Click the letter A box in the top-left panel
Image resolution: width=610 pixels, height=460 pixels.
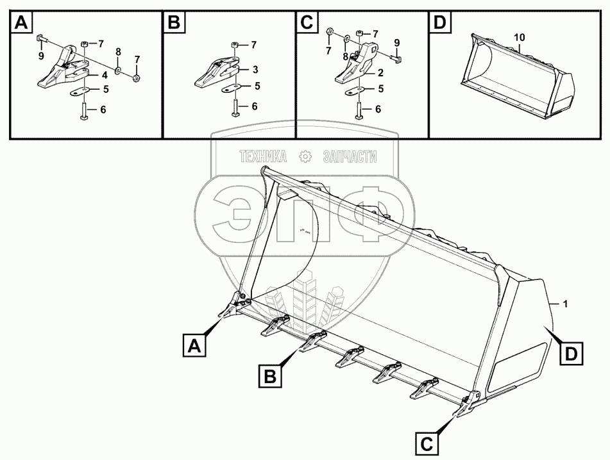point(21,24)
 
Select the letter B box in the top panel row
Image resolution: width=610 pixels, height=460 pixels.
point(174,24)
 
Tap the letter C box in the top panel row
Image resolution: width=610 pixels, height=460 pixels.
point(307,24)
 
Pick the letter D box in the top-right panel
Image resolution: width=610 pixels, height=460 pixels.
point(439,24)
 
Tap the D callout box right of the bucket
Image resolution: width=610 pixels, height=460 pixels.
point(570,352)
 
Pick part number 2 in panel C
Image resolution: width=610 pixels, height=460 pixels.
point(381,73)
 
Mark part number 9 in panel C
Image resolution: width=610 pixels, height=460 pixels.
point(398,43)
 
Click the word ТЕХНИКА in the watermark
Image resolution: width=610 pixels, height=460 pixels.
point(264,156)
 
